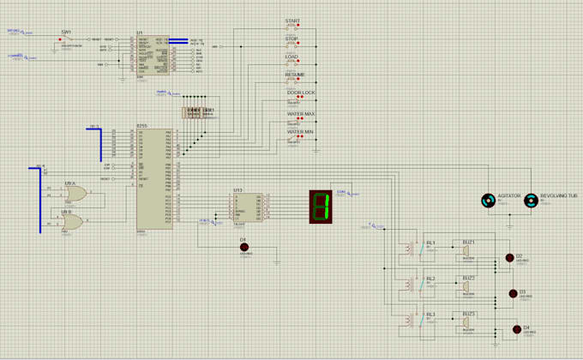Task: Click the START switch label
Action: tap(293, 20)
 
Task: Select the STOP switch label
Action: tap(292, 38)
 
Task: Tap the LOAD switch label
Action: tap(292, 57)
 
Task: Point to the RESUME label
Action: tap(295, 75)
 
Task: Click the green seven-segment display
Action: tap(321, 206)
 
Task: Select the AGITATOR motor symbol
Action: tap(489, 201)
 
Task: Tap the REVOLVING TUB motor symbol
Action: tap(531, 201)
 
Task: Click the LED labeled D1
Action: tap(243, 247)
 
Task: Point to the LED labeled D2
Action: tap(509, 257)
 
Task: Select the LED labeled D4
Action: tap(516, 329)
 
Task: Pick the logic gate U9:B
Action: tap(72, 222)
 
